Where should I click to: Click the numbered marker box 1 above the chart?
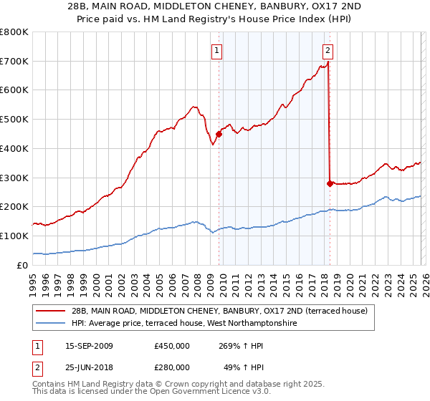[216, 51]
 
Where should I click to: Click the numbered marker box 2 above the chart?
[328, 51]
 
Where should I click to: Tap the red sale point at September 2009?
[219, 133]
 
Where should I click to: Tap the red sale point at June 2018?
[330, 183]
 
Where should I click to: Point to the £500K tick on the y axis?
[14, 120]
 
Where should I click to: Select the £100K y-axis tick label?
[14, 236]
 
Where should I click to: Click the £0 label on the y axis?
[22, 265]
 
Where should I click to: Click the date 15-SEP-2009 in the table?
[89, 346]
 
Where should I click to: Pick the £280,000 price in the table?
[172, 368]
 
